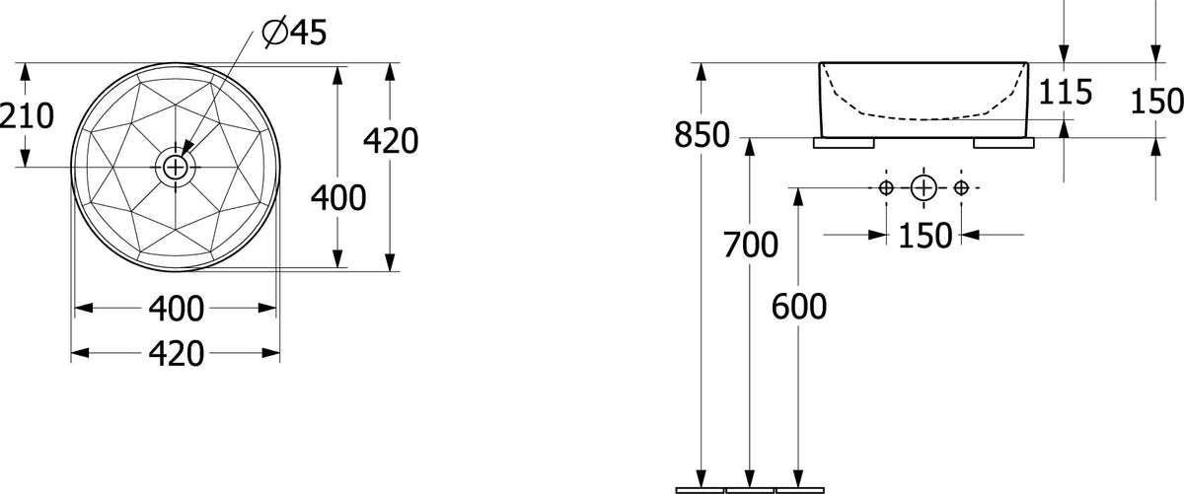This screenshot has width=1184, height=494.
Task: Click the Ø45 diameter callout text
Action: pyautogui.click(x=294, y=33)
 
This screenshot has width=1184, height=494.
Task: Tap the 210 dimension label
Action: pyautogui.click(x=27, y=116)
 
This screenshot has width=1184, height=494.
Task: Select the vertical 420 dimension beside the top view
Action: pyautogui.click(x=391, y=141)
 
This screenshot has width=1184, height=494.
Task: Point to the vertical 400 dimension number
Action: pyautogui.click(x=338, y=198)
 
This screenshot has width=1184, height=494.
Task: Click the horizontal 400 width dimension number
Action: pyautogui.click(x=176, y=309)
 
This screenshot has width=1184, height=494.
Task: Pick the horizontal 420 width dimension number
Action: pyautogui.click(x=176, y=354)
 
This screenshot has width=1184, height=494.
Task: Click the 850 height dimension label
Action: pyautogui.click(x=702, y=135)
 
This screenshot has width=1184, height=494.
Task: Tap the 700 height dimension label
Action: pyautogui.click(x=750, y=245)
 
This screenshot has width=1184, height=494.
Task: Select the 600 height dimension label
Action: pyautogui.click(x=798, y=307)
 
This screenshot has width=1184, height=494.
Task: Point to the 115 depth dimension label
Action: pyautogui.click(x=1065, y=92)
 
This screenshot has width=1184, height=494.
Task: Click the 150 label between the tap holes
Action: pyautogui.click(x=925, y=236)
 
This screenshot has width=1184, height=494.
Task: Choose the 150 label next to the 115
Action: pyautogui.click(x=1156, y=102)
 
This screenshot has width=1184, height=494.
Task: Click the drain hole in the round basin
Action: pyautogui.click(x=174, y=168)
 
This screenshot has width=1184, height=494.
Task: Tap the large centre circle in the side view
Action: pyautogui.click(x=924, y=187)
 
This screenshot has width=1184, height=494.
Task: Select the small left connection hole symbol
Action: pyautogui.click(x=886, y=187)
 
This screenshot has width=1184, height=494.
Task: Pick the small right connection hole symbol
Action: pyautogui.click(x=961, y=187)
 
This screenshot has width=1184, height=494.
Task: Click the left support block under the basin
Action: pyautogui.click(x=844, y=143)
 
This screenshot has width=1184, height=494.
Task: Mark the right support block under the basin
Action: pyautogui.click(x=1003, y=143)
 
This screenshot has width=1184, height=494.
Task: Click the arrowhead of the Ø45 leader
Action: pyautogui.click(x=187, y=148)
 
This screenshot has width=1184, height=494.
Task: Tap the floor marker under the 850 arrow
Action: pyautogui.click(x=701, y=491)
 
